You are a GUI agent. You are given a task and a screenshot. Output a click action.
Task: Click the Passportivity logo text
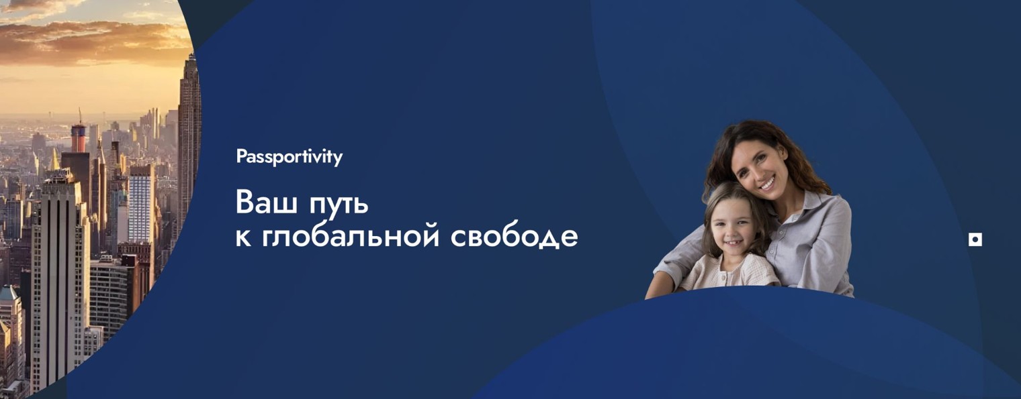289,157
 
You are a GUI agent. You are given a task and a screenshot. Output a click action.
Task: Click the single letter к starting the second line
242,238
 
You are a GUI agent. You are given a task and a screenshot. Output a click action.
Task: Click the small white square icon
975,239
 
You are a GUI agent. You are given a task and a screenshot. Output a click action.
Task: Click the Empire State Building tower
190,134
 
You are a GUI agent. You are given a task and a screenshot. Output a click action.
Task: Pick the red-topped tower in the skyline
79,137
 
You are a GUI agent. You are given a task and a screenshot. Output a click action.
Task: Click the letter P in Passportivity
240,157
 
